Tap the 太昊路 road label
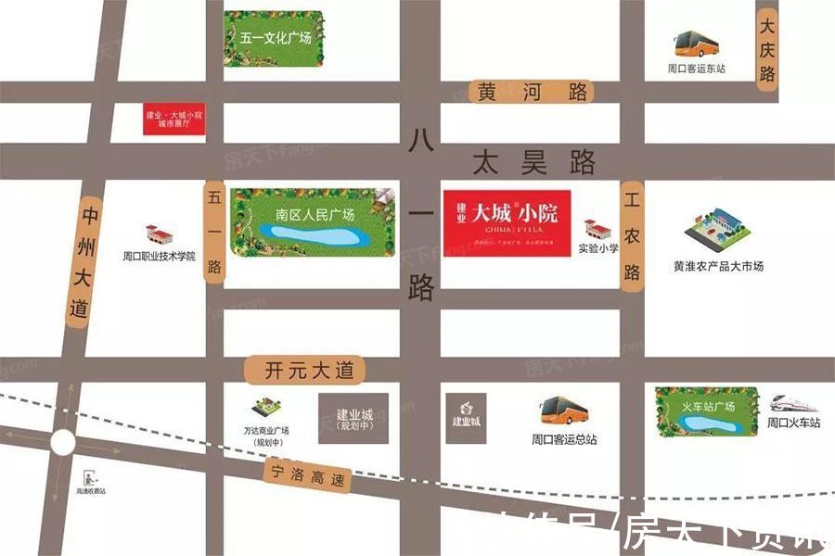(533, 164)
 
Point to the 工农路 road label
(633, 236)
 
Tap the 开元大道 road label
(305, 371)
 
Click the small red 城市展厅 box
(173, 119)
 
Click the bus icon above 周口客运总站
(564, 410)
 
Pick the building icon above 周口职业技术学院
(160, 235)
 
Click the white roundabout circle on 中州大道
(62, 443)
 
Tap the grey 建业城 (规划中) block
(353, 418)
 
